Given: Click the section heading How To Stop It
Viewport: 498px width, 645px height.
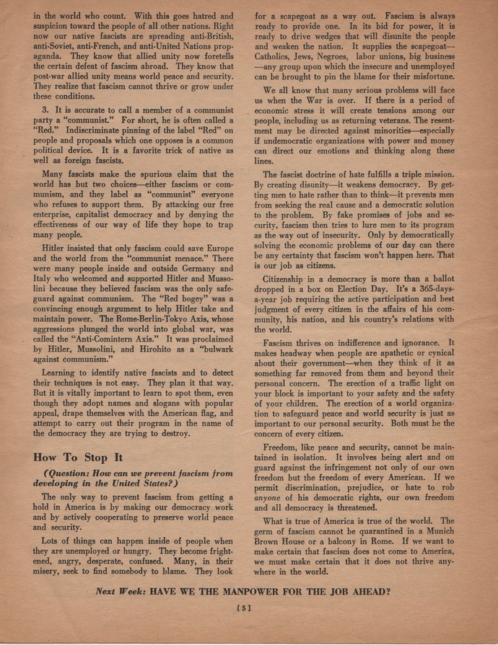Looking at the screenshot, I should tap(79, 457).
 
